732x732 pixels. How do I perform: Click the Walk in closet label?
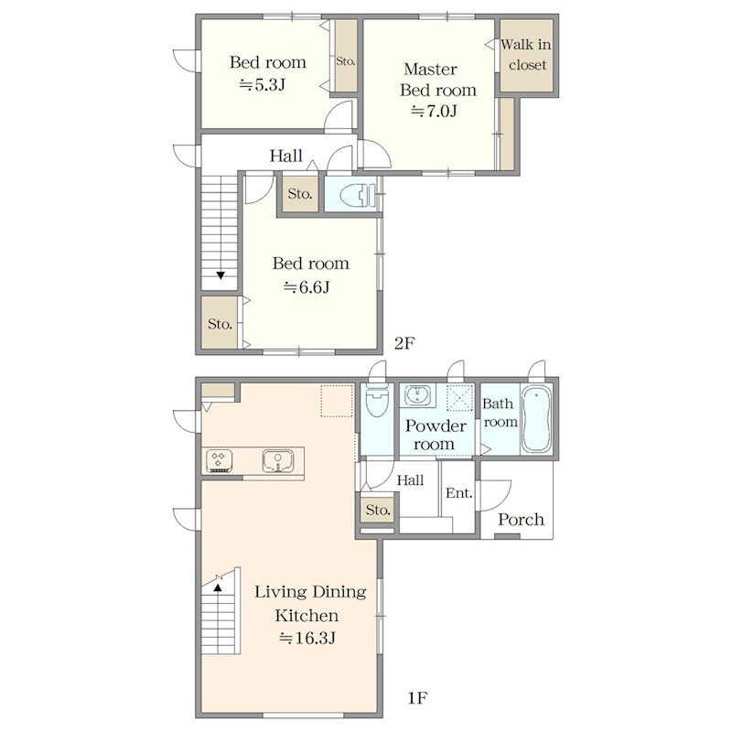[x=525, y=55]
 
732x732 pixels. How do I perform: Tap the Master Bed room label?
[x=438, y=80]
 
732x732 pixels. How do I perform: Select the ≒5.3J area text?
[x=263, y=84]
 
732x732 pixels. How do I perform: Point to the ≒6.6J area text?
[x=307, y=286]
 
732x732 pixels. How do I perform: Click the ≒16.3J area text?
[x=307, y=637]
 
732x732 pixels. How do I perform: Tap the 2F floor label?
[x=404, y=343]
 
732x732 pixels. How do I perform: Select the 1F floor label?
[x=417, y=698]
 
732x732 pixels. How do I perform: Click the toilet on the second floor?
[x=359, y=195]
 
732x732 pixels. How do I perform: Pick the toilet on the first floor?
[x=377, y=400]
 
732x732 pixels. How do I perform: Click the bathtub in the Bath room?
[x=536, y=419]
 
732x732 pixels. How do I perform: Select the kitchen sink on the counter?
[x=278, y=461]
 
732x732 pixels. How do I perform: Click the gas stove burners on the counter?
[x=220, y=461]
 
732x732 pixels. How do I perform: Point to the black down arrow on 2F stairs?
[x=221, y=275]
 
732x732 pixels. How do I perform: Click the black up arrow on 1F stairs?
[x=218, y=587]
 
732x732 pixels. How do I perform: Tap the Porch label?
[x=521, y=520]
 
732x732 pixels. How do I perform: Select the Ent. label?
[x=459, y=493]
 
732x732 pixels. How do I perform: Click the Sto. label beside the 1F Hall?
[x=378, y=510]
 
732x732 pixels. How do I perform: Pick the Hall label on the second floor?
[x=285, y=156]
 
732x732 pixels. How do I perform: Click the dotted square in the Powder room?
[x=460, y=398]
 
